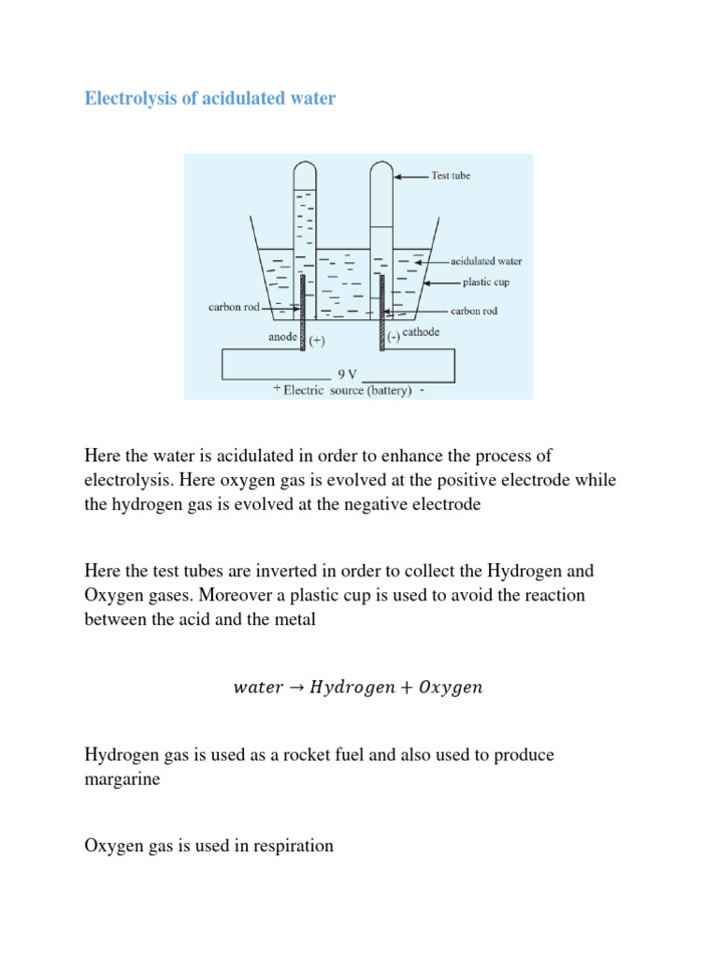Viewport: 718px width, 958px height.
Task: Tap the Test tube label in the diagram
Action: [450, 175]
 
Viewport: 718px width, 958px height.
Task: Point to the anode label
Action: [282, 337]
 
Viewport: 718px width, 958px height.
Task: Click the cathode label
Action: [422, 333]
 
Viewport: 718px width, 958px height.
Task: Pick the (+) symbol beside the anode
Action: [317, 341]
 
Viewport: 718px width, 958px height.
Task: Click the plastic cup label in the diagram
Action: [485, 282]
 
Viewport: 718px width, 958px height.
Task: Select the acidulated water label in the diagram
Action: [487, 262]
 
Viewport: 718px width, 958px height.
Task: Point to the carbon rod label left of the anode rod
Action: [233, 306]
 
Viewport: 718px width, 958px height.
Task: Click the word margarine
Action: [122, 778]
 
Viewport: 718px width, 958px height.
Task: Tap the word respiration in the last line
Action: [287, 846]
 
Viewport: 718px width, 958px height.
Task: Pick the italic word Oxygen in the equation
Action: [452, 689]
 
